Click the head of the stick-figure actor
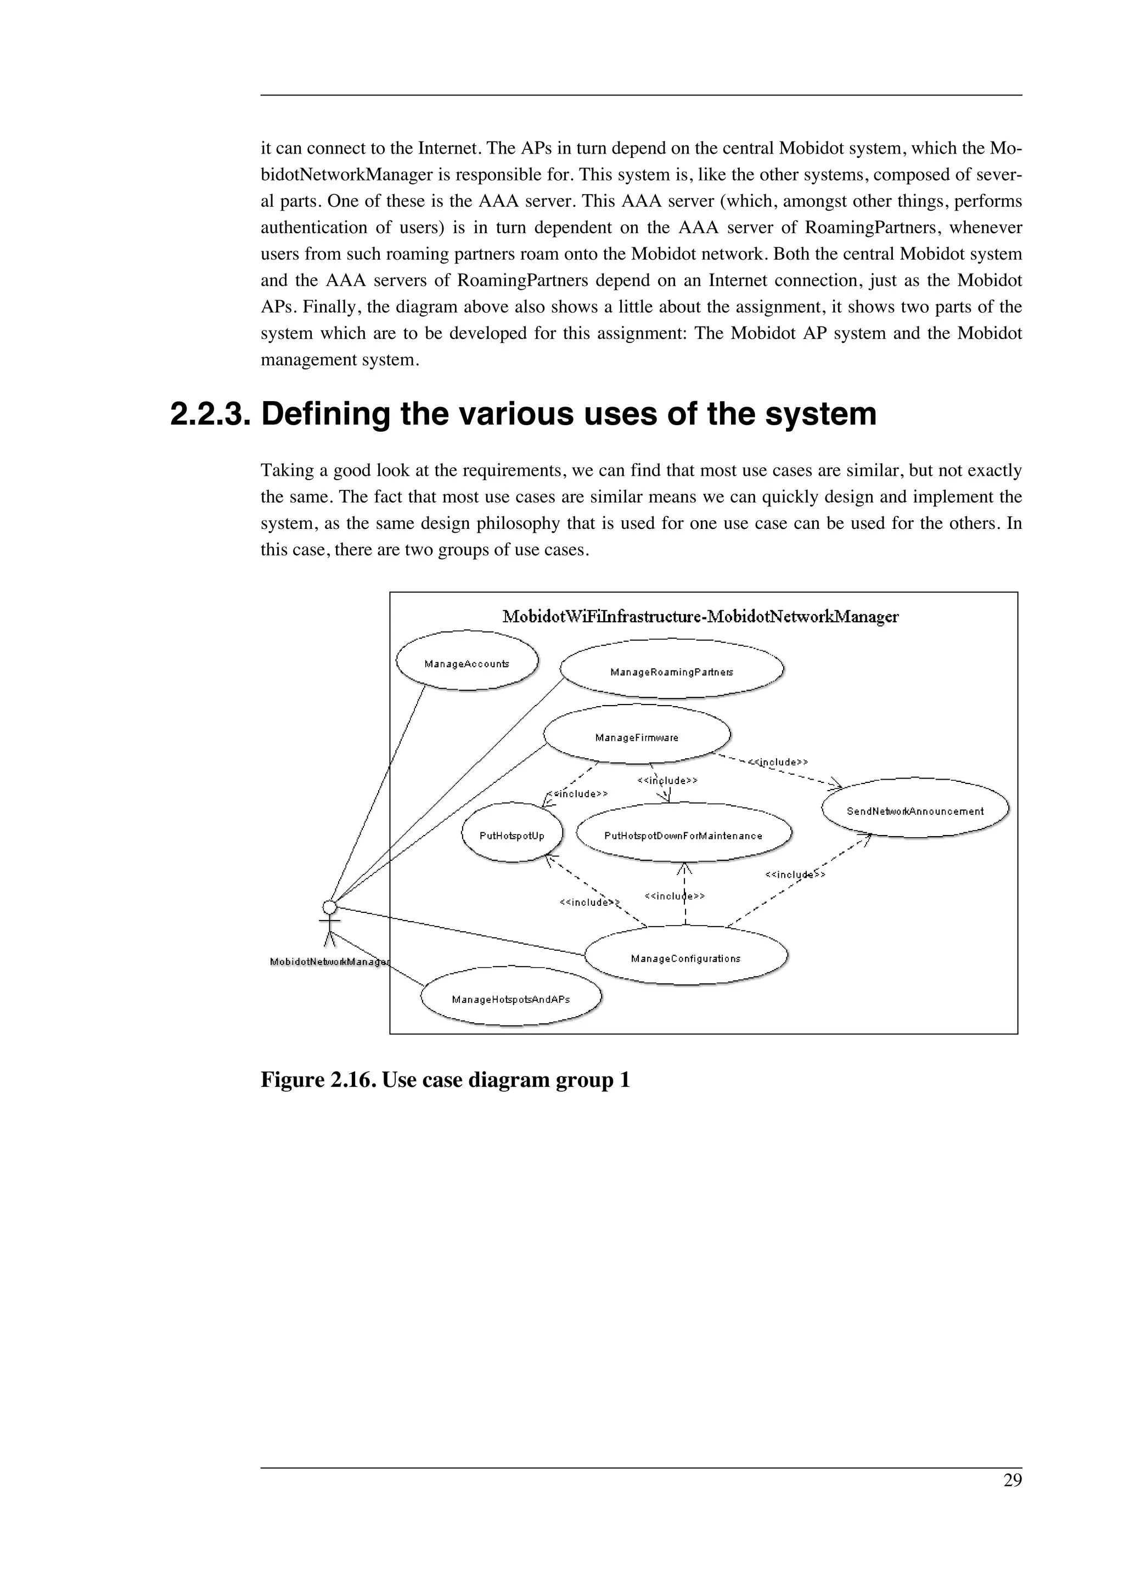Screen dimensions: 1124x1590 click(330, 906)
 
